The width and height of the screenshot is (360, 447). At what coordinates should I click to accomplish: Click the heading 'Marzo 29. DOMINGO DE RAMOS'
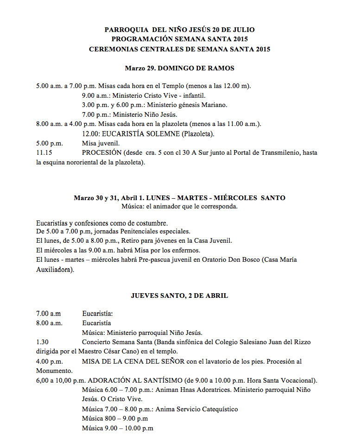click(179, 68)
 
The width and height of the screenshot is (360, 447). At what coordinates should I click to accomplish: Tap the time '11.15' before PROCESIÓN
click(44, 152)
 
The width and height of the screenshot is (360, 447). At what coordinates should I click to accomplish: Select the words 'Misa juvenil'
click(101, 143)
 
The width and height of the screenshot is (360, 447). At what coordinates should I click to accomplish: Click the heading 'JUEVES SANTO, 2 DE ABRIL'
click(179, 296)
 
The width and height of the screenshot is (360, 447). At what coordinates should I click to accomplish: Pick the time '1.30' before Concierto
click(42, 342)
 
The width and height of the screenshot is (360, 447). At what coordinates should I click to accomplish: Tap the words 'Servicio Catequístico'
click(206, 409)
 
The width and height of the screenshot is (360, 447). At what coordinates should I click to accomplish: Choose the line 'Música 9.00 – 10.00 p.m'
click(117, 428)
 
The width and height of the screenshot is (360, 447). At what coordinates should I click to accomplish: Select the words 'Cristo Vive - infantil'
click(170, 95)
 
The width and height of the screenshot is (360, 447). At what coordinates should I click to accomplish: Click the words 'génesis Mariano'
click(203, 105)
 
